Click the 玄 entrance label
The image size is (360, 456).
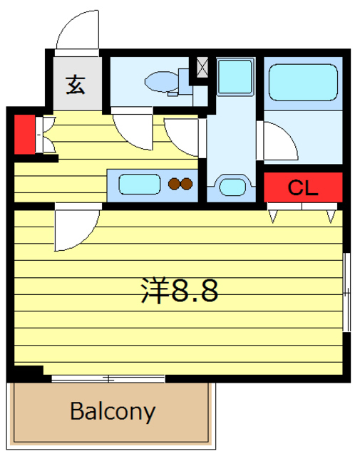[76, 85]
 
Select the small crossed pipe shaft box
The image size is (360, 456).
[202, 68]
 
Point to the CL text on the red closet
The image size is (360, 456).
[303, 188]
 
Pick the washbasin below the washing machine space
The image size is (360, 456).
[232, 187]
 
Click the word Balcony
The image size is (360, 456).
[113, 411]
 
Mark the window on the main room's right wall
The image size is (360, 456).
[346, 291]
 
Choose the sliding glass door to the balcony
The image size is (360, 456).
[107, 376]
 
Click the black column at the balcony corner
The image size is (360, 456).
[24, 373]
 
